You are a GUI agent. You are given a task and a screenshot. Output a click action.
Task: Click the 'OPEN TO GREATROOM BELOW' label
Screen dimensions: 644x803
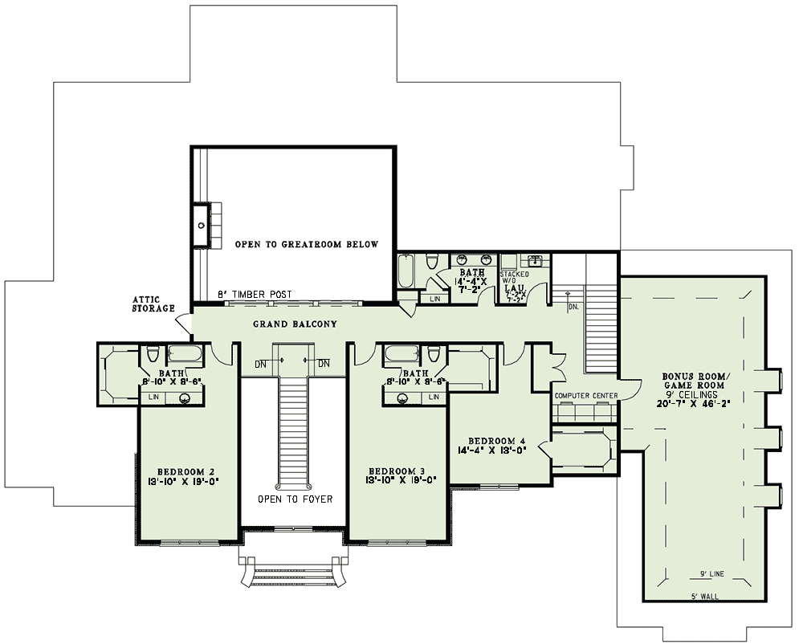click(x=306, y=244)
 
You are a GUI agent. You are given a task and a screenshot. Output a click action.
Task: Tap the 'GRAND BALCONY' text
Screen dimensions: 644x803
click(x=295, y=324)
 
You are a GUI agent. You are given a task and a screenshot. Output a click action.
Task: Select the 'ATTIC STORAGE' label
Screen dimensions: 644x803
click(x=153, y=304)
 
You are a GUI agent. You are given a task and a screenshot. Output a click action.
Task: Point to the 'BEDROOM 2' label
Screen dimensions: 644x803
click(x=185, y=471)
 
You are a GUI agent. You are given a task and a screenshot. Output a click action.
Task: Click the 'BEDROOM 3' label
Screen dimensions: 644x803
click(x=397, y=471)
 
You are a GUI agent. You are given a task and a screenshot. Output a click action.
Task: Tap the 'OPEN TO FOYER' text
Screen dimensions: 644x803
click(x=295, y=499)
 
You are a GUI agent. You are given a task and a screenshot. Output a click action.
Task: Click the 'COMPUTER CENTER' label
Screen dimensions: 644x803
click(x=585, y=396)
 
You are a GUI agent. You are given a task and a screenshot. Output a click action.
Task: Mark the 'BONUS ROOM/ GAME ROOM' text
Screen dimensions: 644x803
click(x=694, y=381)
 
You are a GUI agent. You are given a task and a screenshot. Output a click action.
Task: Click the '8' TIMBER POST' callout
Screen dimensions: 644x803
click(x=255, y=295)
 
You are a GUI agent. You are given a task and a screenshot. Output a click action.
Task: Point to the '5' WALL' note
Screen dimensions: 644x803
click(x=705, y=597)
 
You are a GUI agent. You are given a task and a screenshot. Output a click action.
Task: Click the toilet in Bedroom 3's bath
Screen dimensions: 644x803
click(x=434, y=354)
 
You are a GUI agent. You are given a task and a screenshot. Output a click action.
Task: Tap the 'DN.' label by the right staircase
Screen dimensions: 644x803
click(x=573, y=307)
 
